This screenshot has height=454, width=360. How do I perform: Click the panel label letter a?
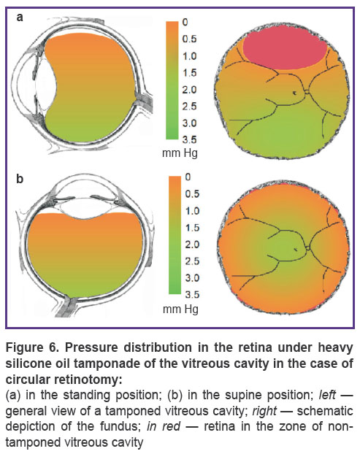[x=20, y=17]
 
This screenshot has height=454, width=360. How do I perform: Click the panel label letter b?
[x=20, y=178]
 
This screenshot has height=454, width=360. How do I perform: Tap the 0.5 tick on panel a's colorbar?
[x=189, y=39]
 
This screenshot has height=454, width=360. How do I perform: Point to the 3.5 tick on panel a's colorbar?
[x=189, y=140]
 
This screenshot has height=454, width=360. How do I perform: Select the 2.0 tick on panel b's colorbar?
[x=193, y=245]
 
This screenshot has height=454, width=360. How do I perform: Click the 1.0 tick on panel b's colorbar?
[x=193, y=211]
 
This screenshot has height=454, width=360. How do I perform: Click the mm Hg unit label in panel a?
[x=180, y=153]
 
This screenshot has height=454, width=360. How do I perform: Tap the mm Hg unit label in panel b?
[x=180, y=309]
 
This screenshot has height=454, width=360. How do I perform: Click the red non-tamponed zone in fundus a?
[x=285, y=50]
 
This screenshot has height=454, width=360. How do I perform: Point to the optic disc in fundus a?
[x=307, y=92]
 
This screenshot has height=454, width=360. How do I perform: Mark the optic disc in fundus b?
[x=309, y=248]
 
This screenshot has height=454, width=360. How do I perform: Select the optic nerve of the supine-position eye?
[x=69, y=306]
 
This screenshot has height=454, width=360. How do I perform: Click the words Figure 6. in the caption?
[x=31, y=347]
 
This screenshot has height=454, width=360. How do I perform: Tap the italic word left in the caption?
[x=327, y=395]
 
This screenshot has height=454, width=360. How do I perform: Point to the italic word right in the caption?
[x=264, y=412]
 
